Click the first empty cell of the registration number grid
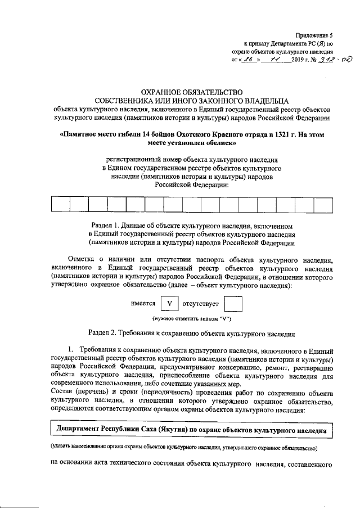(61, 203)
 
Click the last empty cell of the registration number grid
(323, 203)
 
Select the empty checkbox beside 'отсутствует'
(232, 304)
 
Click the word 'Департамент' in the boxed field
(79, 431)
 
